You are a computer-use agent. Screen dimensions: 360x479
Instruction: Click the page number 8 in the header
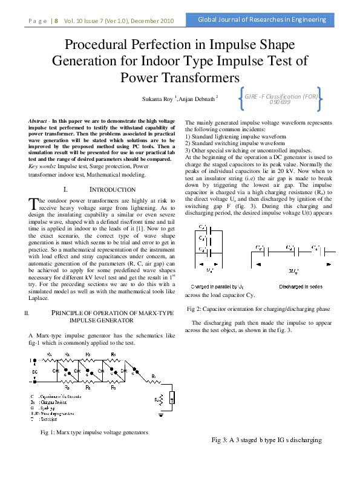pyautogui.click(x=56, y=21)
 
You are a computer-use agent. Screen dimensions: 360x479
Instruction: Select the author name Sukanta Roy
pyautogui.click(x=155, y=97)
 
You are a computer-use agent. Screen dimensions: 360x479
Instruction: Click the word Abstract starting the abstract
pyautogui.click(x=39, y=122)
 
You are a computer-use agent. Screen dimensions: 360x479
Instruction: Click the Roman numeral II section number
pyautogui.click(x=26, y=313)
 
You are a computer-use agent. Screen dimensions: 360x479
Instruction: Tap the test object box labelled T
pyautogui.click(x=172, y=399)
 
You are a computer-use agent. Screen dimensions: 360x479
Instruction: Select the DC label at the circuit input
pyautogui.click(x=35, y=372)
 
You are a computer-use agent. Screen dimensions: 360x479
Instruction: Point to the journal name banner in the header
pyautogui.click(x=263, y=20)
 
